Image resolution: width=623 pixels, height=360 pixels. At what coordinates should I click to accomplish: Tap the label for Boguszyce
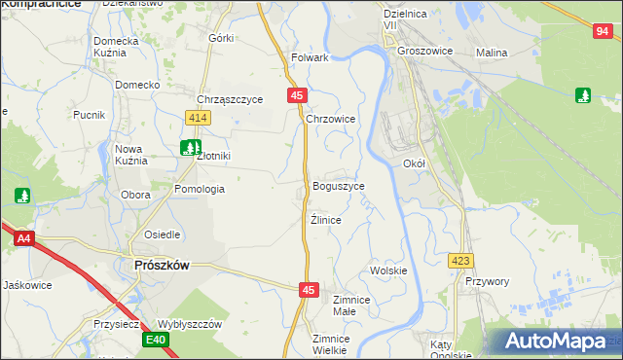tap(339, 186)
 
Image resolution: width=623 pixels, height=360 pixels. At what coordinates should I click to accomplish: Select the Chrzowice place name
tap(331, 119)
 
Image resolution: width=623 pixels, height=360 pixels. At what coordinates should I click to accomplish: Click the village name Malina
tap(493, 53)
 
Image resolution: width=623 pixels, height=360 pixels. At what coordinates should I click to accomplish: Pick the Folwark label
tap(310, 58)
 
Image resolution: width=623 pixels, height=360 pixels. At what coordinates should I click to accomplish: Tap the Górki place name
tap(221, 38)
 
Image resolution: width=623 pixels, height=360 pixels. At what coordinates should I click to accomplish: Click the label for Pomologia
tap(200, 189)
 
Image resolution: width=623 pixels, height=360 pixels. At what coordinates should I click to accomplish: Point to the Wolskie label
tap(388, 270)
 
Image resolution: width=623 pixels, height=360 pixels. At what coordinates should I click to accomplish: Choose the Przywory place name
tap(488, 281)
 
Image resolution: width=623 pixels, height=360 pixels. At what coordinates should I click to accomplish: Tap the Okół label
tap(415, 164)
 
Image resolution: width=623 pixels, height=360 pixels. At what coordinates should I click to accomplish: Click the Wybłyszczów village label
tap(191, 324)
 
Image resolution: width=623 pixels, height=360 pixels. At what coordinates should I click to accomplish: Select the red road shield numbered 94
tap(601, 32)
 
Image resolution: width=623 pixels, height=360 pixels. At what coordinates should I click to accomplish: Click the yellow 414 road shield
tap(199, 118)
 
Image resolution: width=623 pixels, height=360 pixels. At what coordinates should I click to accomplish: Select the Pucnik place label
tap(89, 115)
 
